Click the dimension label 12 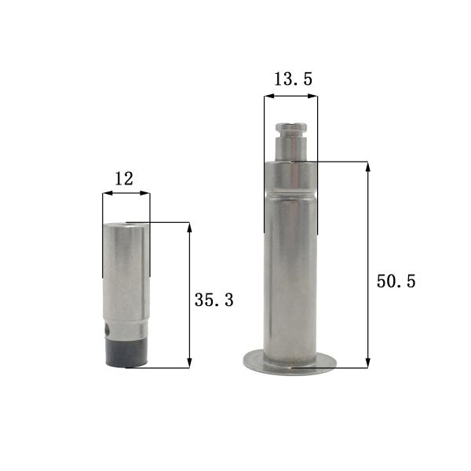click(124, 178)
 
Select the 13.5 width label click(290, 78)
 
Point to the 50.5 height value click(396, 281)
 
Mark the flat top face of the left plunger click(126, 224)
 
